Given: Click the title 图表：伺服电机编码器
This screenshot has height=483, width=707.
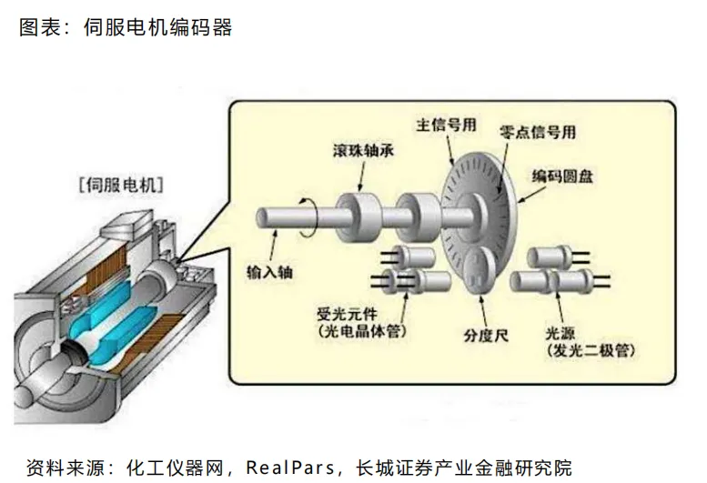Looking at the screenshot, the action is tap(126, 27).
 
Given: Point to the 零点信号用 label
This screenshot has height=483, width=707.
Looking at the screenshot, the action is tap(539, 134).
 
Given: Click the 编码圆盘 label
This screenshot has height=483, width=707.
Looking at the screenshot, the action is tap(562, 176).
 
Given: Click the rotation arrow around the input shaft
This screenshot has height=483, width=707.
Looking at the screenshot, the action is tap(308, 215).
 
